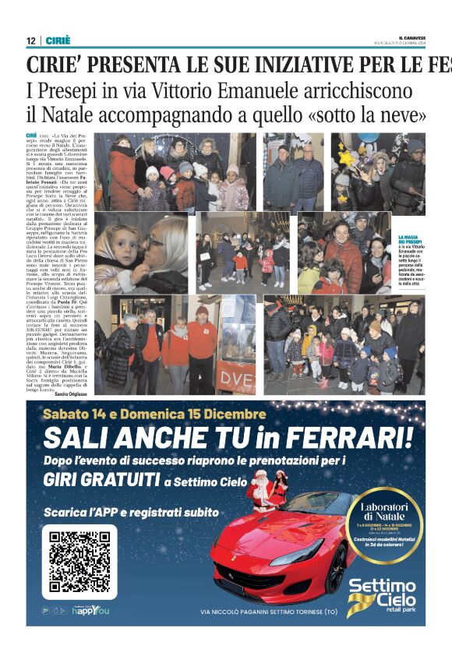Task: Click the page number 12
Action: click(30, 40)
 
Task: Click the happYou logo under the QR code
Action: click(85, 611)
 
